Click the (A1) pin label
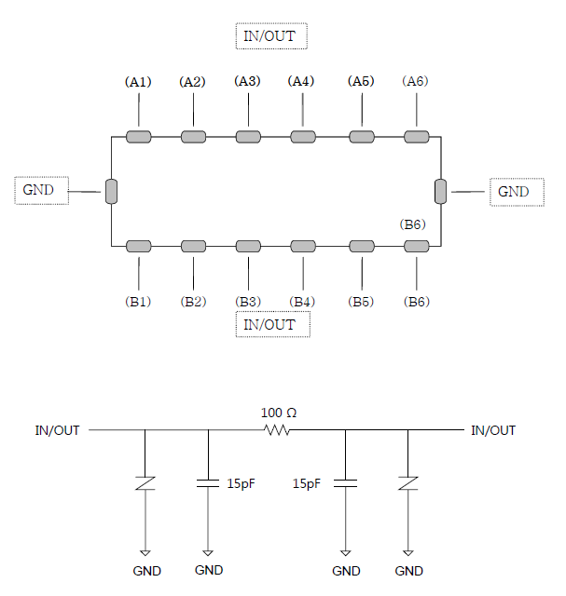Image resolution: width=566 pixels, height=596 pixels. coord(138,82)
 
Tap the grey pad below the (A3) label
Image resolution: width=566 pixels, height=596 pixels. coord(248,137)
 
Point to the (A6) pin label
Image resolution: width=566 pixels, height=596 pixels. coord(415,81)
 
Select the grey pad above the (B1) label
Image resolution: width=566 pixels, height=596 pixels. coord(139,246)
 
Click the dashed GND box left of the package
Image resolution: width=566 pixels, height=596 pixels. coord(41,190)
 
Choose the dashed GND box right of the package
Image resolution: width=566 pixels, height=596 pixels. coord(517,192)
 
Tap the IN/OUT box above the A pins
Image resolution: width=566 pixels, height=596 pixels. coord(271,36)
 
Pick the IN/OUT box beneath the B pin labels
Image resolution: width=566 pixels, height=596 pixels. coord(273,324)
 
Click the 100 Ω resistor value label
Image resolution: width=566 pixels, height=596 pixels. coord(279,413)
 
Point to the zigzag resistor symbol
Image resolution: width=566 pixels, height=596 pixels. coord(277,430)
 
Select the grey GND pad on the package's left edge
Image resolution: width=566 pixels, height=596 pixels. coord(111,191)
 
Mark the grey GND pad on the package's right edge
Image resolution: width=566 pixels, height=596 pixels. coord(440,191)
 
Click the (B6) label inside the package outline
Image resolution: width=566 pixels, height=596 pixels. coord(412,224)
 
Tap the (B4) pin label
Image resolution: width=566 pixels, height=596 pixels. coord(302,302)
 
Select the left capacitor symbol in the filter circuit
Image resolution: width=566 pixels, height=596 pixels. coord(208,483)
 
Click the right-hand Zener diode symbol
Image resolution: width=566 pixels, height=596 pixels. coord(408,483)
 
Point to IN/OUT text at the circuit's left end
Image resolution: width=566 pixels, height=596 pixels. coord(57,430)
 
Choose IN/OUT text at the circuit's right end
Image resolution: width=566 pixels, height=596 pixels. coord(493,430)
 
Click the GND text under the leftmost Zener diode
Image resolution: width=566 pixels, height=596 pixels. coord(147,571)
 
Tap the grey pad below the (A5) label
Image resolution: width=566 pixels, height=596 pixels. coord(362,137)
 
